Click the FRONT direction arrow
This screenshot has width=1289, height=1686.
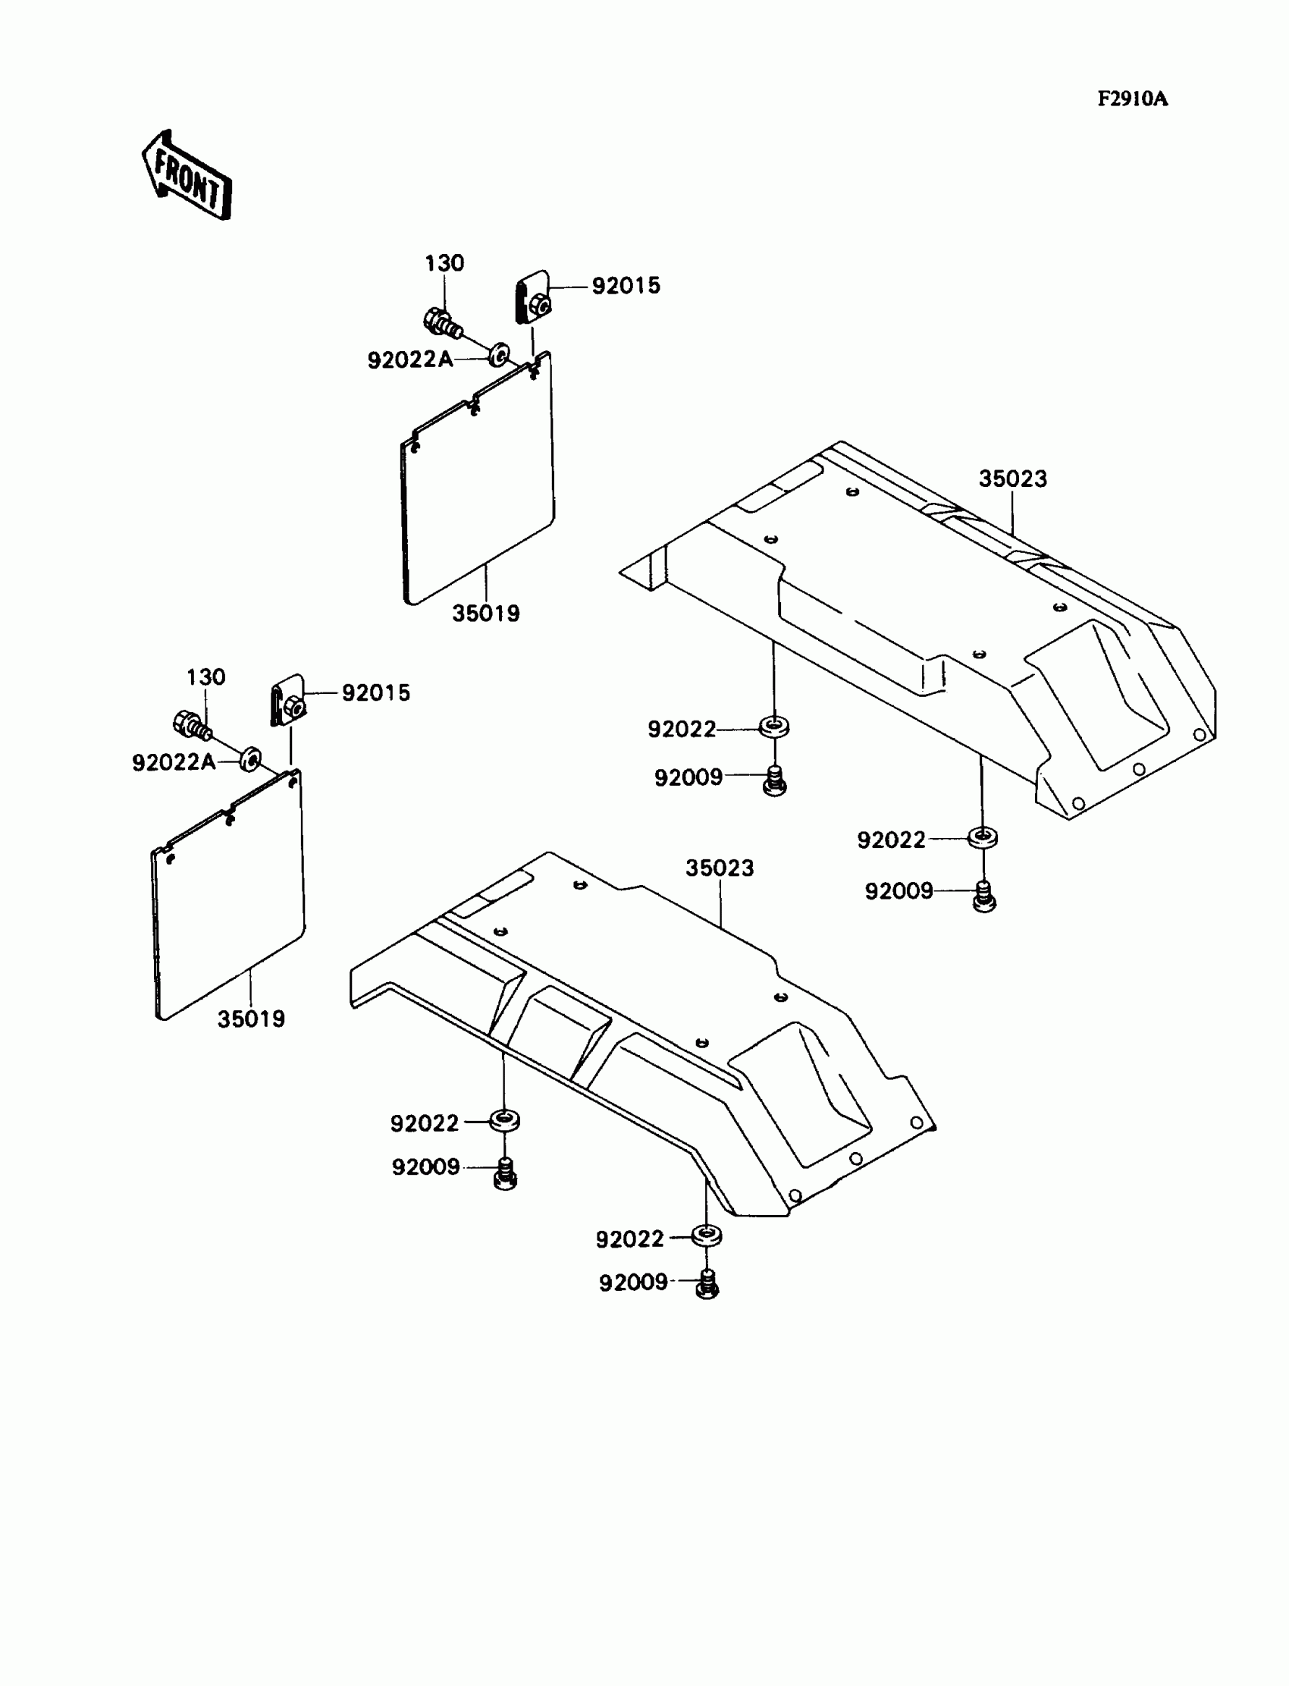[187, 176]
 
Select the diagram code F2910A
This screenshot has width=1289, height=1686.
[1132, 99]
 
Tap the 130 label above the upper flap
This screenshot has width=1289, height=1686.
[444, 263]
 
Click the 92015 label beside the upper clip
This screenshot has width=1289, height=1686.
[626, 285]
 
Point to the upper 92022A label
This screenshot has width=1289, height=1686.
[409, 359]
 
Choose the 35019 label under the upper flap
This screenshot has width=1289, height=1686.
[485, 613]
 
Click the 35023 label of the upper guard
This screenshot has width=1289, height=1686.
[1012, 479]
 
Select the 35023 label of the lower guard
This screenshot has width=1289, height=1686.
[719, 868]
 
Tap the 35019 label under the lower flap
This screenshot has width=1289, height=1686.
[251, 1019]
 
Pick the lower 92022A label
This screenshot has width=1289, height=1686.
[174, 762]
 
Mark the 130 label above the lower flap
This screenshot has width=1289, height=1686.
[205, 677]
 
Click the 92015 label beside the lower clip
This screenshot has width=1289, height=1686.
[375, 693]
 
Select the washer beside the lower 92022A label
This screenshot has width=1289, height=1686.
[250, 759]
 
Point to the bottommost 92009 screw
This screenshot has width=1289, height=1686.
[707, 1285]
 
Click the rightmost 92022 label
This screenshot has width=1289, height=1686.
[891, 840]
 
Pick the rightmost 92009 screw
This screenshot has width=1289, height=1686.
[984, 896]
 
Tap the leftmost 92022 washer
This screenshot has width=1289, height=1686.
[503, 1120]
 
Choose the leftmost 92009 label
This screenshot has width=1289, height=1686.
[425, 1167]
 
